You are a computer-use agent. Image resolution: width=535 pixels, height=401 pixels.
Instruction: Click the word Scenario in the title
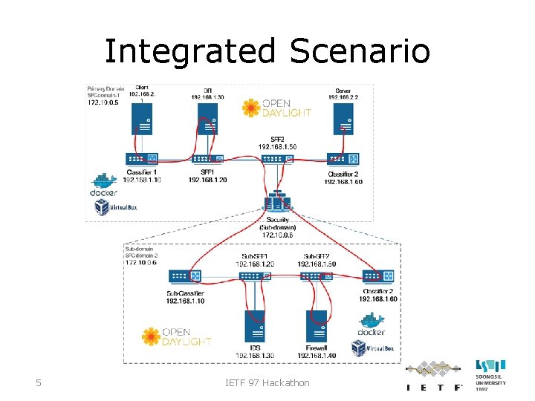pyautogui.click(x=360, y=51)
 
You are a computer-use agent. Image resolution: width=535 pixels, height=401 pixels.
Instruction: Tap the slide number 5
pyautogui.click(x=39, y=383)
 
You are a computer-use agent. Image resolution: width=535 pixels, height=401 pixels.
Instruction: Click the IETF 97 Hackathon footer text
pyautogui.click(x=267, y=383)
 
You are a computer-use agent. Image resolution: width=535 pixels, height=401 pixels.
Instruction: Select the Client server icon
pyautogui.click(x=142, y=119)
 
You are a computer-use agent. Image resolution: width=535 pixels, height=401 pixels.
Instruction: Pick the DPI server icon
pyautogui.click(x=207, y=119)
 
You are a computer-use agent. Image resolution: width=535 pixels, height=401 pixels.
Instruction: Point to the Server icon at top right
pyautogui.click(x=343, y=119)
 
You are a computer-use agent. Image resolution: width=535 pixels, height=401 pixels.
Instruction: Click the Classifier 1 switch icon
pyautogui.click(x=142, y=159)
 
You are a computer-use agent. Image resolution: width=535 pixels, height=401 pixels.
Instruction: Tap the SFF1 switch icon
pyautogui.click(x=207, y=159)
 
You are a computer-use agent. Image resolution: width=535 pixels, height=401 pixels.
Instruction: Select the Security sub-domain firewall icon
pyautogui.click(x=277, y=202)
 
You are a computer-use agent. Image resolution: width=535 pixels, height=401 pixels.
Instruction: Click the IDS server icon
pyautogui.click(x=255, y=327)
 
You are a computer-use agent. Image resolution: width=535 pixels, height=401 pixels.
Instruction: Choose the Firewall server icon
pyautogui.click(x=317, y=327)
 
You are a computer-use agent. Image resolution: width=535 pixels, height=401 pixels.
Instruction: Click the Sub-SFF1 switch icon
pyautogui.click(x=255, y=276)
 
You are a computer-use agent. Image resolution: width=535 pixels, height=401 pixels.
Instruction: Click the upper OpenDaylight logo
pyautogui.click(x=276, y=108)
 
